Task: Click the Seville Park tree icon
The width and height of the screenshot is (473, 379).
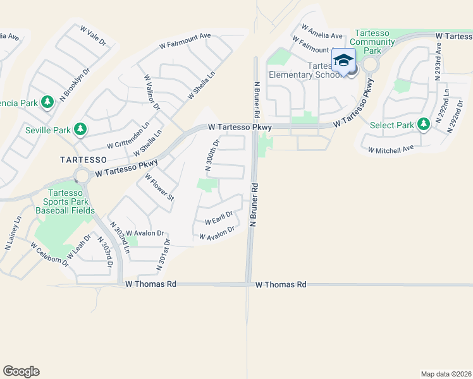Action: (80, 130)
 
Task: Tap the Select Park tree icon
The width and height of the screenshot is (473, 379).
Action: (422, 125)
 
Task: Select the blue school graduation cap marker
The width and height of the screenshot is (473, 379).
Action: (343, 61)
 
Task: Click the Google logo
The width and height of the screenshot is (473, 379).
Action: (21, 371)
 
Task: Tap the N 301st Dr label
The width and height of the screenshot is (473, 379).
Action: (163, 255)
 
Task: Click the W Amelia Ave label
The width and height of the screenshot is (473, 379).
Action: (322, 32)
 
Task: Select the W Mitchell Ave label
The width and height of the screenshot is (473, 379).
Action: (390, 149)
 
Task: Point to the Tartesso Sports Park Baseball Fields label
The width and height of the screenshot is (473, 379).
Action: (65, 202)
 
